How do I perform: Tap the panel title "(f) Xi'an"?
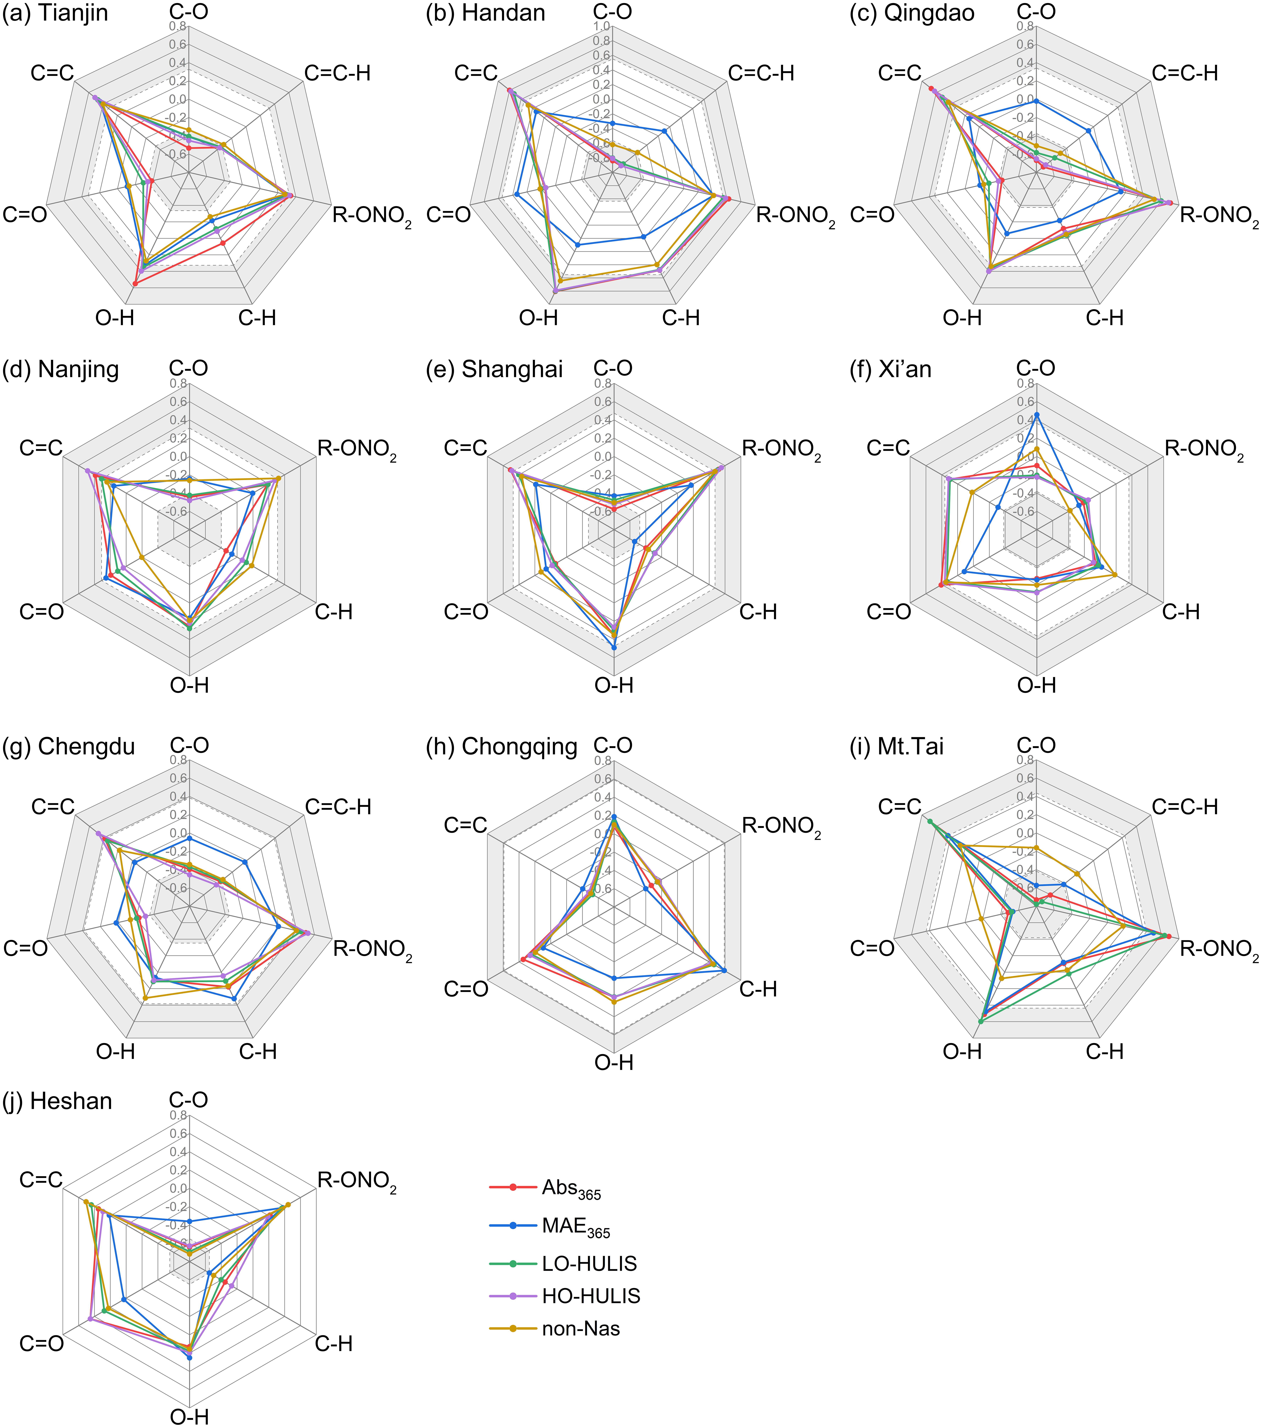click(890, 369)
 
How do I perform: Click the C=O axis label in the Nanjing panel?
click(42, 612)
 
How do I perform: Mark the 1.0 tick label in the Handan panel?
click(601, 27)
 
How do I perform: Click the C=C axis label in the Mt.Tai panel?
click(899, 807)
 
